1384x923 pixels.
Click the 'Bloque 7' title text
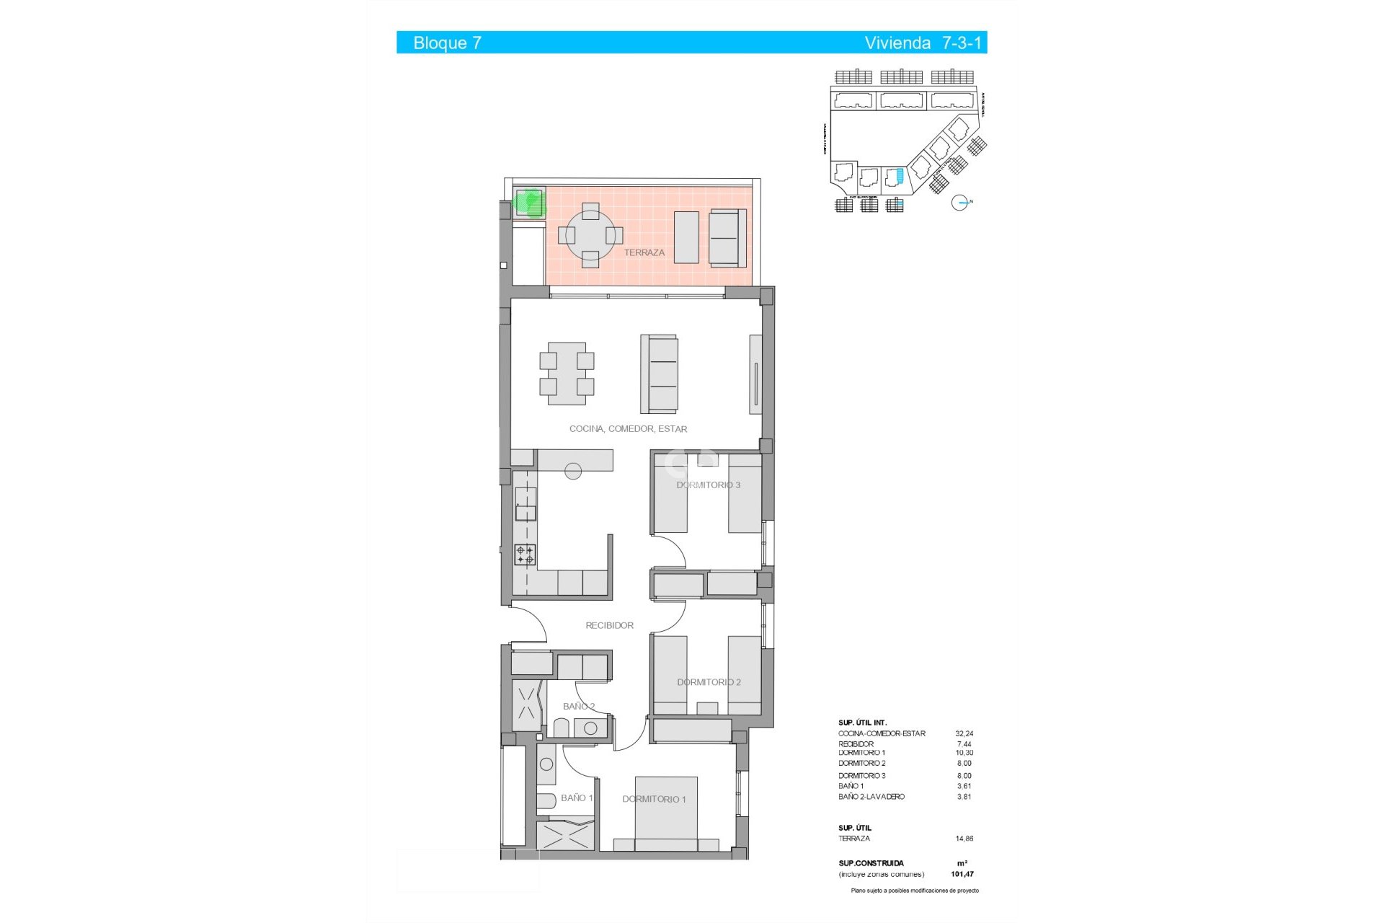447,43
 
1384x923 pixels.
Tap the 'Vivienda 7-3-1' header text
923,43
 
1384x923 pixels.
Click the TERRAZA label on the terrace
644,252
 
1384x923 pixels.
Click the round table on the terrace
590,235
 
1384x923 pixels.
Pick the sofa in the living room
659,374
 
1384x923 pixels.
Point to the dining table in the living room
567,374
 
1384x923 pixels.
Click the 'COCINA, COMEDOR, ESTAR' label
628,429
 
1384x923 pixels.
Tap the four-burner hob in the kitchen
525,555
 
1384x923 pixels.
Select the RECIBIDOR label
609,626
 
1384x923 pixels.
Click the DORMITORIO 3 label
708,485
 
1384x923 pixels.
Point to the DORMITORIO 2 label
709,682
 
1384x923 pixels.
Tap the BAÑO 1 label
577,798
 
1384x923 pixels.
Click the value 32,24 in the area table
964,734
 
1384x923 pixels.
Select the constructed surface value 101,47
962,874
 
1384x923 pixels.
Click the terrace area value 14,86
964,839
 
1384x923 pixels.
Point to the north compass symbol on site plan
959,203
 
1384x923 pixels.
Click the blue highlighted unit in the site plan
898,175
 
